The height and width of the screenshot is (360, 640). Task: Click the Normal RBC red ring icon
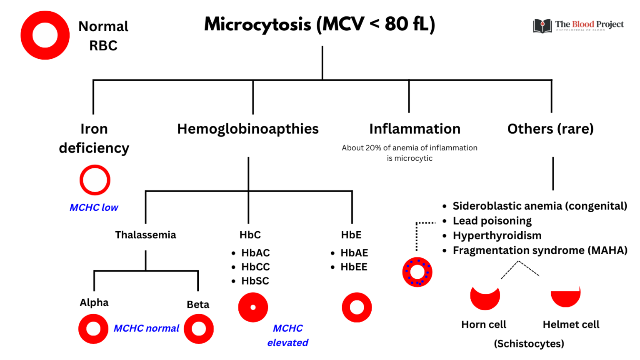pyautogui.click(x=45, y=35)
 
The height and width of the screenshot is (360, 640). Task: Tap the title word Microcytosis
pyautogui.click(x=257, y=24)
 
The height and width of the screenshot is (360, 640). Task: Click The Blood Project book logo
pyautogui.click(x=542, y=26)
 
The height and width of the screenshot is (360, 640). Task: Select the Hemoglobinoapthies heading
pyautogui.click(x=247, y=129)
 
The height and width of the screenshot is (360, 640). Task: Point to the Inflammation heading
pyautogui.click(x=415, y=129)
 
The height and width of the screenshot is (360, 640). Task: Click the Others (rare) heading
pyautogui.click(x=550, y=129)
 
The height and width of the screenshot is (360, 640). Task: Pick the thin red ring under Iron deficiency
pyautogui.click(x=95, y=180)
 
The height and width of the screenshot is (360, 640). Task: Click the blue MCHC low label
pyautogui.click(x=94, y=207)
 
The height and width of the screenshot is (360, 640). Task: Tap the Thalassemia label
pyautogui.click(x=145, y=235)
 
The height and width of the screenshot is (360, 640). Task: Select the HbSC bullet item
pyautogui.click(x=255, y=281)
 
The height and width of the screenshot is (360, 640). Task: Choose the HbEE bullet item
pyautogui.click(x=354, y=267)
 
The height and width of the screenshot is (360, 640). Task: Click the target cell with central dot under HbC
pyautogui.click(x=253, y=307)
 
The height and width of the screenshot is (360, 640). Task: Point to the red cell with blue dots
pyautogui.click(x=417, y=272)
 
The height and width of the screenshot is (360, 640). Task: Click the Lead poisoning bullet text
pyautogui.click(x=492, y=221)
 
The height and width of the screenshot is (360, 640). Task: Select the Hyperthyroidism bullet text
pyautogui.click(x=497, y=236)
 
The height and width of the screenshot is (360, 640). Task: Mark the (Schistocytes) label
pyautogui.click(x=529, y=344)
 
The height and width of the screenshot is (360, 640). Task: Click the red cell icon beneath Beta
pyautogui.click(x=199, y=329)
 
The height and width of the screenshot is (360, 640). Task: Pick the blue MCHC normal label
pyautogui.click(x=146, y=328)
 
